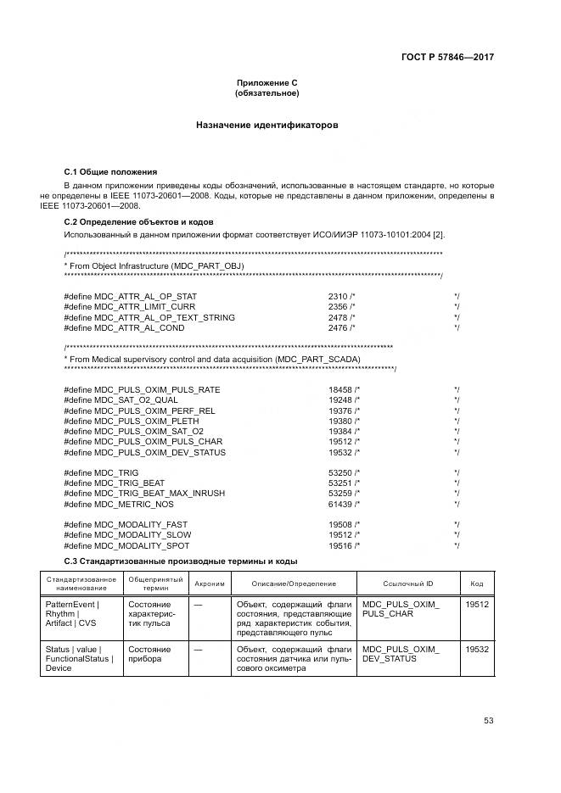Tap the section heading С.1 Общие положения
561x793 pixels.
click(x=111, y=171)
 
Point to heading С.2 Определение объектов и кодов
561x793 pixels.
click(x=139, y=221)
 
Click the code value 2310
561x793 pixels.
click(x=338, y=295)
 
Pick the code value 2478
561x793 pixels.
click(x=338, y=317)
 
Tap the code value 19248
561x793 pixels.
click(x=339, y=399)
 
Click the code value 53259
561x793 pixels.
click(x=339, y=493)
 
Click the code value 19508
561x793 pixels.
click(x=339, y=524)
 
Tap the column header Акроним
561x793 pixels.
click(x=210, y=584)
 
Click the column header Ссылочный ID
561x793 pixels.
click(x=407, y=584)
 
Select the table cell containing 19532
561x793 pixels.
click(x=477, y=650)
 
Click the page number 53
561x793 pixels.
click(x=488, y=721)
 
